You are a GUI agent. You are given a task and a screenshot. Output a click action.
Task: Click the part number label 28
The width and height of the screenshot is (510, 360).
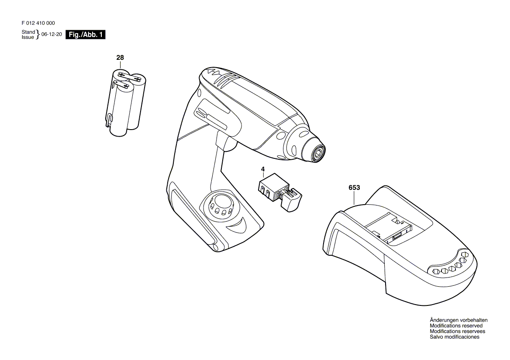coord(120,58)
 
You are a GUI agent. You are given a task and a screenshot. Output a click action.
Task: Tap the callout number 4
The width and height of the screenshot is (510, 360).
coord(263,168)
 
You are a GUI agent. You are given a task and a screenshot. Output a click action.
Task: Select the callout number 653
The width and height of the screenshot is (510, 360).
coord(354,188)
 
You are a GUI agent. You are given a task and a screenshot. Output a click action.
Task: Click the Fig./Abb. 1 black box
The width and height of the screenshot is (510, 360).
coord(85,35)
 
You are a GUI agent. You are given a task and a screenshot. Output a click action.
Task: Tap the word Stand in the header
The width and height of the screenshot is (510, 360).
coord(28,32)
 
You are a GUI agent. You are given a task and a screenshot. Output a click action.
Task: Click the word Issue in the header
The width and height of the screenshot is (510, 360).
coord(28,38)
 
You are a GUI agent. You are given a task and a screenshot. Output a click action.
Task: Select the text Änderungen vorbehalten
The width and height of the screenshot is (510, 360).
coord(458,320)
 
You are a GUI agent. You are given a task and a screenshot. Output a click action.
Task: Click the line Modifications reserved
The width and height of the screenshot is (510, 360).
coord(456,326)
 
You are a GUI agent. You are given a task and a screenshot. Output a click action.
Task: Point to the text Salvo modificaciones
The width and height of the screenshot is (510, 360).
coord(454,337)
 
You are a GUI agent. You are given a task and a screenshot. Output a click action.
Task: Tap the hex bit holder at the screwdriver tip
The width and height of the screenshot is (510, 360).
coord(317,152)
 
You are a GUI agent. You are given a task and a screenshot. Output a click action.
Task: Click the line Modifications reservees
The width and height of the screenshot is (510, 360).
coord(457,331)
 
